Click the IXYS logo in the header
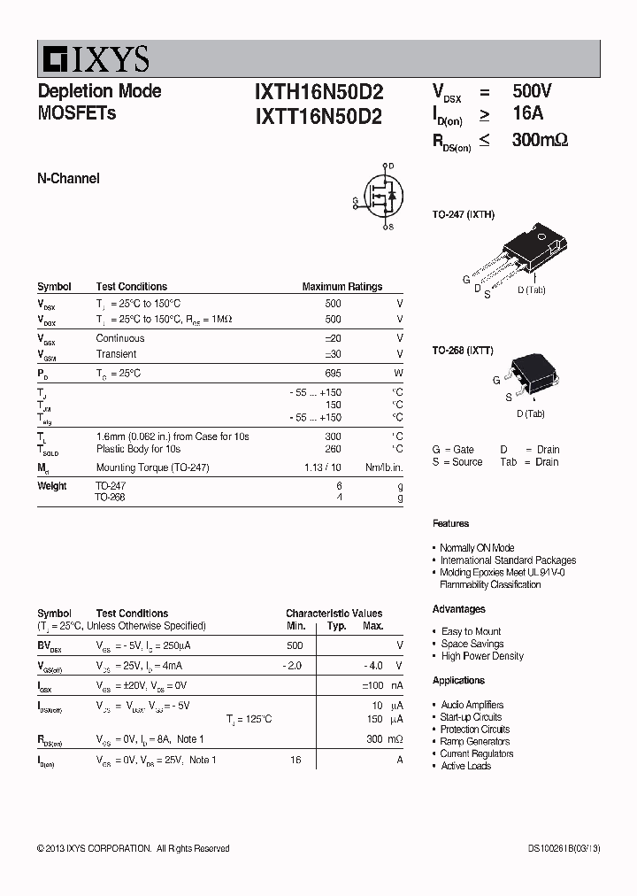point(93,59)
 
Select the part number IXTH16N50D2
point(318,92)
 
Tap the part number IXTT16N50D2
point(318,116)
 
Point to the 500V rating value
point(532,91)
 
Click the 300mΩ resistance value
point(540,139)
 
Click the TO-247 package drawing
point(527,248)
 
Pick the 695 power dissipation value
point(333,374)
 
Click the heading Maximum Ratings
point(342,287)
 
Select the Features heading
point(450,524)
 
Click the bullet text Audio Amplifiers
point(472,705)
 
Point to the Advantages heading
point(458,609)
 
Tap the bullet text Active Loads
point(465,766)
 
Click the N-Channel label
point(68,179)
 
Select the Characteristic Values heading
point(334,614)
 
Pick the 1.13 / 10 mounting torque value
point(322,467)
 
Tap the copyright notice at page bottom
point(133,849)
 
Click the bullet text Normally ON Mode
point(477,548)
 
